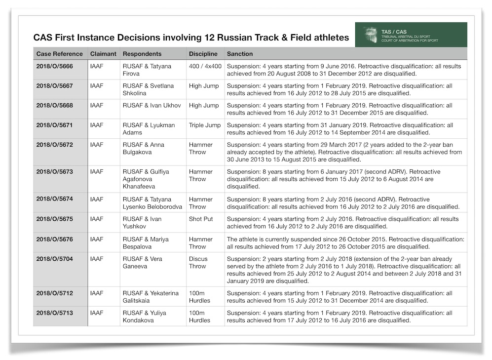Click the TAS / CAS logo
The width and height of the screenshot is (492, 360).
point(411,35)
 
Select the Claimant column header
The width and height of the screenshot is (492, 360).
point(103,54)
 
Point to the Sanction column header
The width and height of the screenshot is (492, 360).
point(240,54)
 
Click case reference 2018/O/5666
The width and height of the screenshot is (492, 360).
point(54,66)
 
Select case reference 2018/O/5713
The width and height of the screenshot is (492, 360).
point(54,313)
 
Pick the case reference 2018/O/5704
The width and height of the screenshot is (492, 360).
point(54,259)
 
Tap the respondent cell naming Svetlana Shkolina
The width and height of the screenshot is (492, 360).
point(148,89)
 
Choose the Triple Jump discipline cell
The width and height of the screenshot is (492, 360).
point(205,125)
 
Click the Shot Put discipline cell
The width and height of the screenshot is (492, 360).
point(201,219)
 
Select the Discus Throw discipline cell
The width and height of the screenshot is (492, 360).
point(198,262)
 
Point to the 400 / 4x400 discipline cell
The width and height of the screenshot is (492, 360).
point(204,66)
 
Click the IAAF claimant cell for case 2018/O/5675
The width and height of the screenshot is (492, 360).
point(97,219)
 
